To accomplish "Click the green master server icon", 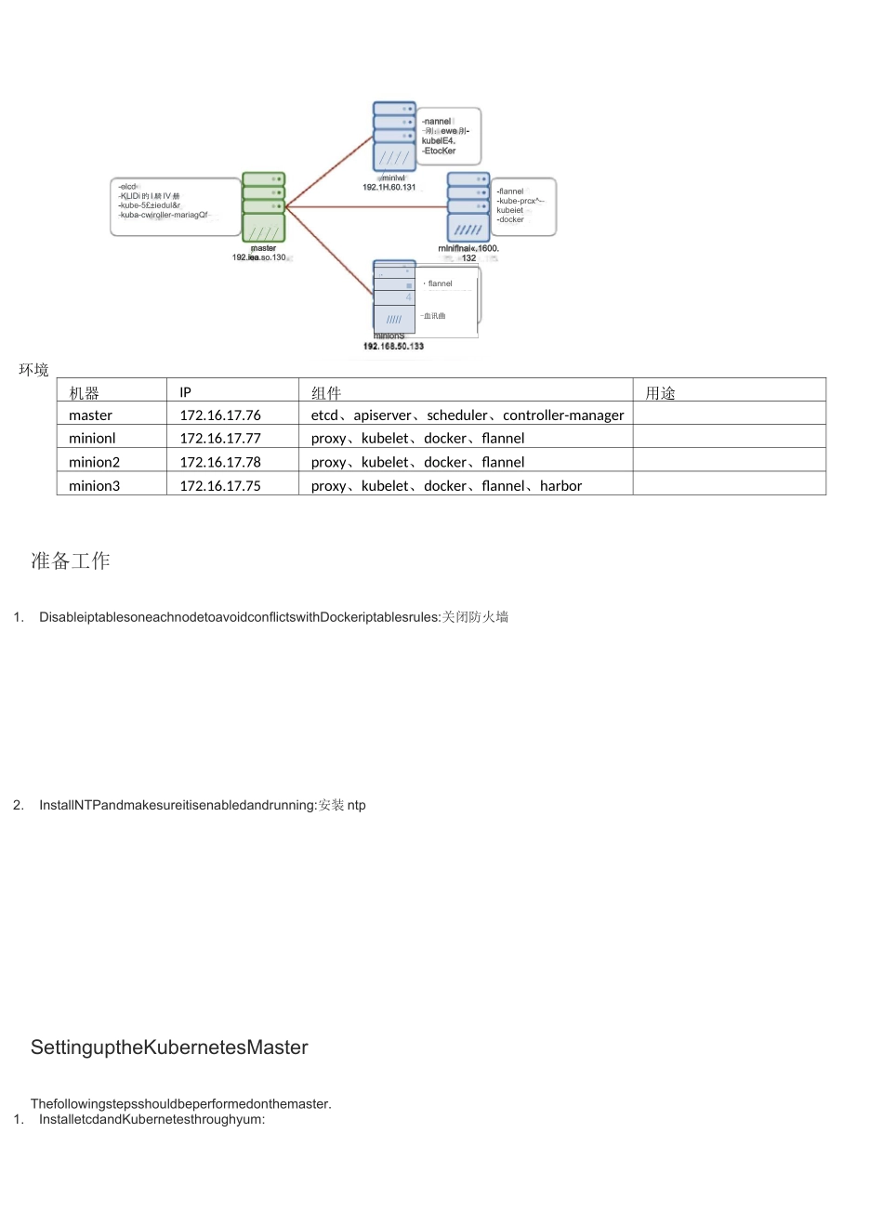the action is pyautogui.click(x=263, y=205).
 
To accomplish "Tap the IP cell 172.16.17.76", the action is pyautogui.click(x=220, y=415).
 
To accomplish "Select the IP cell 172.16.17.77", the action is pyautogui.click(x=220, y=438).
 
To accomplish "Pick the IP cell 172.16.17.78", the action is pyautogui.click(x=220, y=462).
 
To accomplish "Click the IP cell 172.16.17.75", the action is pyautogui.click(x=220, y=485).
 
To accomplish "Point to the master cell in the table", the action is pyautogui.click(x=90, y=415).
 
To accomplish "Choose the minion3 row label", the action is pyautogui.click(x=94, y=485).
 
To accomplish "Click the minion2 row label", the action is pyautogui.click(x=94, y=462).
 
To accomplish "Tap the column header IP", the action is pyautogui.click(x=186, y=392).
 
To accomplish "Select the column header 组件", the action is pyautogui.click(x=326, y=393).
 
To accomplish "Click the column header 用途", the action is pyautogui.click(x=660, y=393).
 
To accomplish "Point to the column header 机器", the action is pyautogui.click(x=84, y=393).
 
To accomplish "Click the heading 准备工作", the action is pyautogui.click(x=71, y=560).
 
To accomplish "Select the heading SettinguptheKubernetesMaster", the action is pyautogui.click(x=169, y=1047).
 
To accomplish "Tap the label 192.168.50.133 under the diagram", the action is pyautogui.click(x=393, y=346).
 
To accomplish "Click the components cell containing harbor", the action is pyautogui.click(x=446, y=485).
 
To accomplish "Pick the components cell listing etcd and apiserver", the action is pyautogui.click(x=467, y=415).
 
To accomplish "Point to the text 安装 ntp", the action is pyautogui.click(x=342, y=805).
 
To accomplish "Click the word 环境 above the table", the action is pyautogui.click(x=33, y=370).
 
